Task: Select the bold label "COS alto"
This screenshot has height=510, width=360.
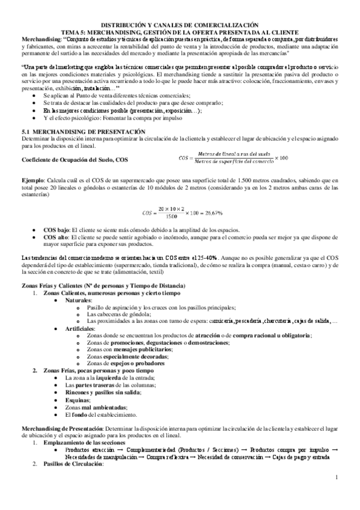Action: (57, 238)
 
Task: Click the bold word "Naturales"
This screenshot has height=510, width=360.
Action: (79, 300)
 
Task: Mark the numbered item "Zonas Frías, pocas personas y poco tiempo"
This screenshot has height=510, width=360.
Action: (98, 370)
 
